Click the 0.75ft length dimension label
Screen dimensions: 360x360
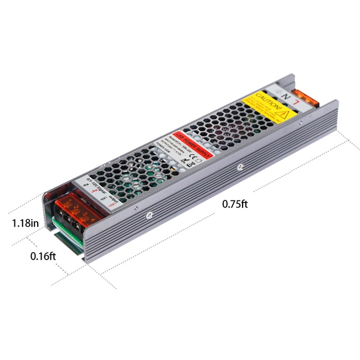pos(234,203)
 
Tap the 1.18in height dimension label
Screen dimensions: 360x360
pos(25,223)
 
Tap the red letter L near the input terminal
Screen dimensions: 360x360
pos(298,101)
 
